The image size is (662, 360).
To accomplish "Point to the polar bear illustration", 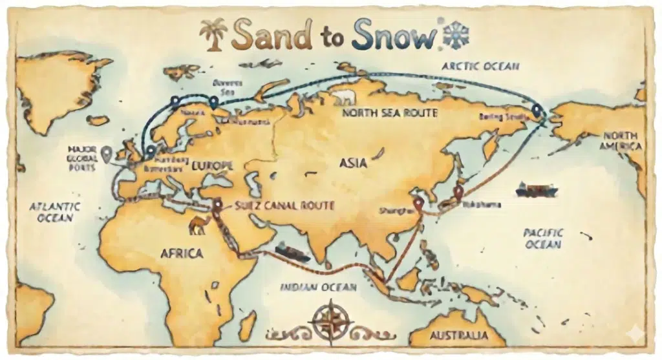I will coord(345,98).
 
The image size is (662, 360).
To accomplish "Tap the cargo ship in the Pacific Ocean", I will coord(536,189).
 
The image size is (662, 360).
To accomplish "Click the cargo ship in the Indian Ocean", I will coord(292,251).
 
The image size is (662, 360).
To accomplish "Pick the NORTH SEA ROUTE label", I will coord(389,113).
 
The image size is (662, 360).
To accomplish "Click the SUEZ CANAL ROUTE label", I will coord(284,206).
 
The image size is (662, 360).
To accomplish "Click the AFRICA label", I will coord(182,253).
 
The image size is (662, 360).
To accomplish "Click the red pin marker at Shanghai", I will coord(418,203).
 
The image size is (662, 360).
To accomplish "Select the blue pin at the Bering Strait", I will coord(537,109).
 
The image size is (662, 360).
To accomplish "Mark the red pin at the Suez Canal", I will coord(217,205).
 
